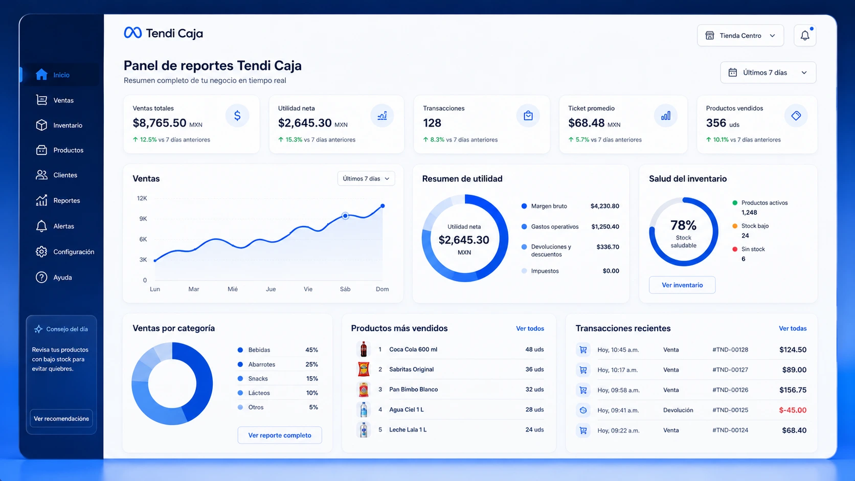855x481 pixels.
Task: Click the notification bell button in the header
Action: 804,35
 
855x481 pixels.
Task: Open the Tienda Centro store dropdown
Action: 740,35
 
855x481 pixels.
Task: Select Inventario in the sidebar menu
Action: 67,125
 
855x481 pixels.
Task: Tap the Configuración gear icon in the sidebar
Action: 41,252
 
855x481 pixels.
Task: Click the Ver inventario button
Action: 682,285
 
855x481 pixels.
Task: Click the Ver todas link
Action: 793,329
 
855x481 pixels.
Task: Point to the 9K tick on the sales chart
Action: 143,219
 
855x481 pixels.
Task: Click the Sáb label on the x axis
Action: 345,289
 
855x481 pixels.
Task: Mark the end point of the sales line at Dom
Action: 382,206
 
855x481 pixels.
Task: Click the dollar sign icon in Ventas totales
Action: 237,116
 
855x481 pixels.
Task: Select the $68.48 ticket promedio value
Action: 587,123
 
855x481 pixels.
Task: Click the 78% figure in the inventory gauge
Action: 683,225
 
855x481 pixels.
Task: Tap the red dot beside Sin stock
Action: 735,249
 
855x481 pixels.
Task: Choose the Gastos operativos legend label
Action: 555,226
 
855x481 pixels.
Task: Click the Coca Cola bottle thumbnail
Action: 364,349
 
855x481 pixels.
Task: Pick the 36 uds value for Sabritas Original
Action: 534,369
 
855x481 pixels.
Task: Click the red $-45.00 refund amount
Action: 793,410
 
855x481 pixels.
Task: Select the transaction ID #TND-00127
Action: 730,370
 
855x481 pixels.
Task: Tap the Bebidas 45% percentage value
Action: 311,350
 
